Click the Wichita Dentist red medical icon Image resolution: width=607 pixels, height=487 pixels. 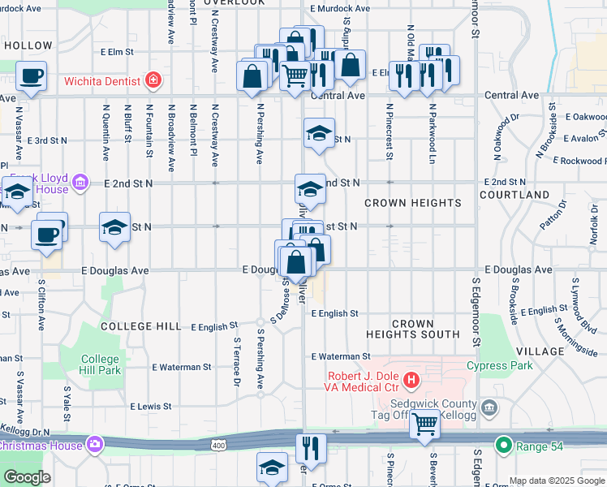coord(153,80)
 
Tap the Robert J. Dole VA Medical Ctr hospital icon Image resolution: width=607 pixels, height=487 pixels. coord(411,379)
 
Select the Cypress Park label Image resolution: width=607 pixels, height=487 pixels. coord(500,365)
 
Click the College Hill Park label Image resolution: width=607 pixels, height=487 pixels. coord(101,364)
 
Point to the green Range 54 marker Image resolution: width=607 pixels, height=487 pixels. coord(504,445)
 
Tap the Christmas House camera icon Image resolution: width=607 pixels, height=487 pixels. coord(95,444)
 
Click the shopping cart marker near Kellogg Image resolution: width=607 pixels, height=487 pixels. coord(425,423)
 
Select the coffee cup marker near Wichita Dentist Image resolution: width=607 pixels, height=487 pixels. coord(32,76)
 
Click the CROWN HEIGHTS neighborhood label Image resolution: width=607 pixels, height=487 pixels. coord(412,203)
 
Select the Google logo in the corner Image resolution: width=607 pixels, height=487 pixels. coord(27,477)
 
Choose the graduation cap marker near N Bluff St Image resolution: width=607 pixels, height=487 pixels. coord(114,226)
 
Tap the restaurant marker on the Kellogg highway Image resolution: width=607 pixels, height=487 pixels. coord(311,446)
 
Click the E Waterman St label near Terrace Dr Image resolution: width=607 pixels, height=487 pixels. coord(182,367)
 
